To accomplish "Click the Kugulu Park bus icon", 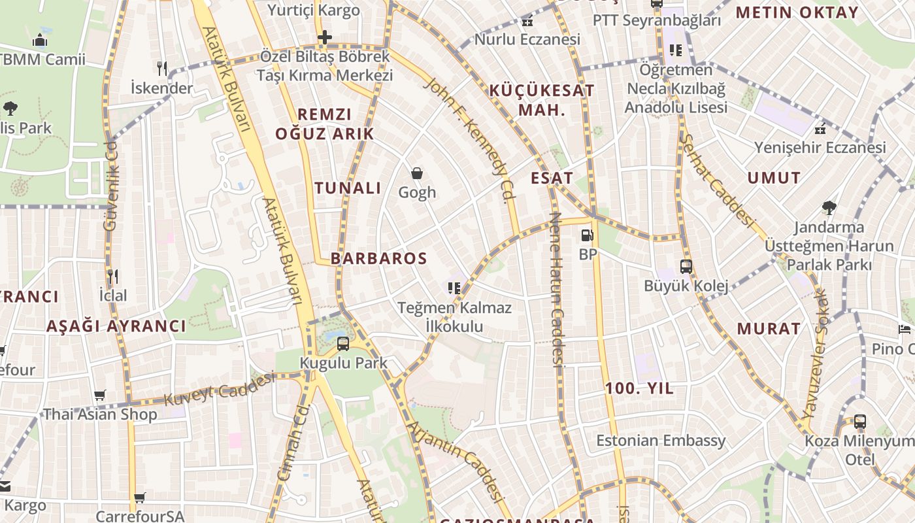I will click(x=343, y=343).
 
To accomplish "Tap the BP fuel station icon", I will click(x=588, y=235).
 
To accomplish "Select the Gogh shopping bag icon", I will click(x=417, y=173).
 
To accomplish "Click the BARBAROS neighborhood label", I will click(x=378, y=258).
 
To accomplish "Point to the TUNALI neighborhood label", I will click(x=348, y=188).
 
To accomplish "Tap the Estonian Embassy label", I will click(x=661, y=440).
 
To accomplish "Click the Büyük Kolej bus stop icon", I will click(x=686, y=267).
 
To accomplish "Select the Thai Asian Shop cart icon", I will click(x=99, y=395).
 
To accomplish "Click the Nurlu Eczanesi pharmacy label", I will click(x=527, y=39).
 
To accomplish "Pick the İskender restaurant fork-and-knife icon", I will click(x=162, y=68).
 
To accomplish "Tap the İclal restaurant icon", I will click(x=113, y=276).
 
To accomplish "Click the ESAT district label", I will click(x=552, y=178).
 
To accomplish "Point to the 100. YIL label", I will click(x=639, y=388).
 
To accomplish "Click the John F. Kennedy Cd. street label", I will click(x=468, y=140).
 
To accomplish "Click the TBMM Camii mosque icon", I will click(x=41, y=41).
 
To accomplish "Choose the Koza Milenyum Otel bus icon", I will click(x=860, y=422).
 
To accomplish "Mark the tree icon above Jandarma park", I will click(x=829, y=208).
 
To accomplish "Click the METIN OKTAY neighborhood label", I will click(x=797, y=12).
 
